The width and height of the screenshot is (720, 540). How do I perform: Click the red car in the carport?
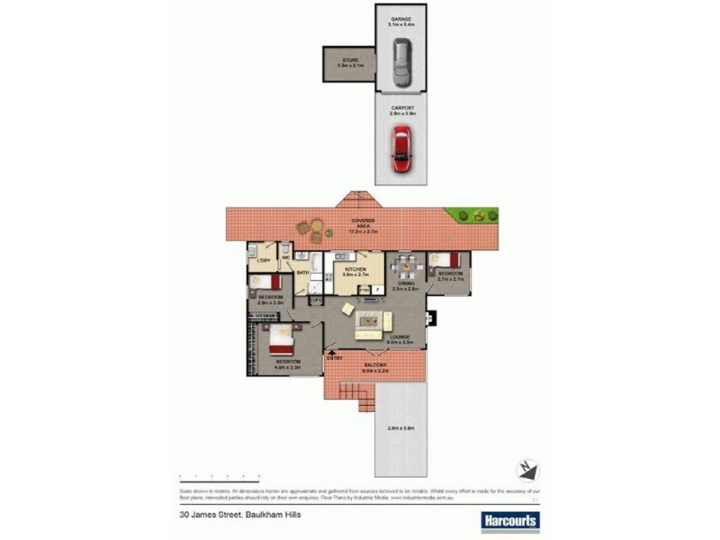pyautogui.click(x=401, y=148)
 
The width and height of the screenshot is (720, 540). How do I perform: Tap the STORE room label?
pyautogui.click(x=348, y=60)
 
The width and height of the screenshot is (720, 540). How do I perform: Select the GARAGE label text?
pyautogui.click(x=400, y=19)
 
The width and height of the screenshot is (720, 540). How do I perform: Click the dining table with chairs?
pyautogui.click(x=407, y=266)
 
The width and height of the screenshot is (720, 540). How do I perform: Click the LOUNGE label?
pyautogui.click(x=399, y=338)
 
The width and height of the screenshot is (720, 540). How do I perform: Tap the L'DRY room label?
pyautogui.click(x=264, y=261)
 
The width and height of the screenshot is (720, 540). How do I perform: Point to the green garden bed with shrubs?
pyautogui.click(x=475, y=215)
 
